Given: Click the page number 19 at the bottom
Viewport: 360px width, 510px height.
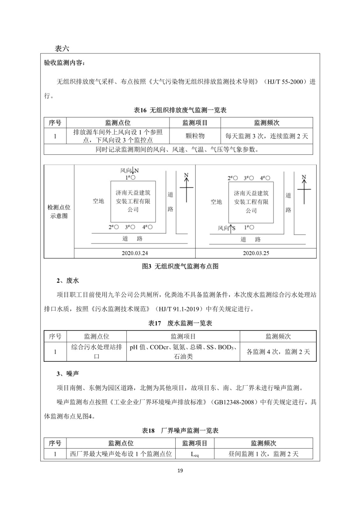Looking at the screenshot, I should point(180,470).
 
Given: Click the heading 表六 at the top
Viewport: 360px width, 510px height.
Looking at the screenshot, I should point(62,48).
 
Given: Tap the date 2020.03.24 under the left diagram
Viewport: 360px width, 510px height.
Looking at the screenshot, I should point(135,253).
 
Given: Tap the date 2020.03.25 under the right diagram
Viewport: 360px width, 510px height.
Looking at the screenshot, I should point(256,253).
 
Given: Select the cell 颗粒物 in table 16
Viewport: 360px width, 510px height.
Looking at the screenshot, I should point(195,136).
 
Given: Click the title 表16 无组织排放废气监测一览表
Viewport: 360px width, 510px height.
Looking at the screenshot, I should point(180,110).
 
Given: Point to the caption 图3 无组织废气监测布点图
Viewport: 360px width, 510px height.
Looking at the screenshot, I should point(180,266).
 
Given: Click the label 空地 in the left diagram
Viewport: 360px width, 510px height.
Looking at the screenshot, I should point(98,201).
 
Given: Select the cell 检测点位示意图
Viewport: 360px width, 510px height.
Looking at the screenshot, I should point(59,211).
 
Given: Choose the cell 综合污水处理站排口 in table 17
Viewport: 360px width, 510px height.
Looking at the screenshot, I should point(96,352).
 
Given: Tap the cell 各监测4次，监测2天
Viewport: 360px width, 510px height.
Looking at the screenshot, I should point(278,352).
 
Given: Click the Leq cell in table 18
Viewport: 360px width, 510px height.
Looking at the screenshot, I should point(195,454).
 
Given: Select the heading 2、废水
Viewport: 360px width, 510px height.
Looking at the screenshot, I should point(68,280).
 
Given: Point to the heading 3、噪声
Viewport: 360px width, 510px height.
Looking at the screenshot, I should point(68,373).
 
